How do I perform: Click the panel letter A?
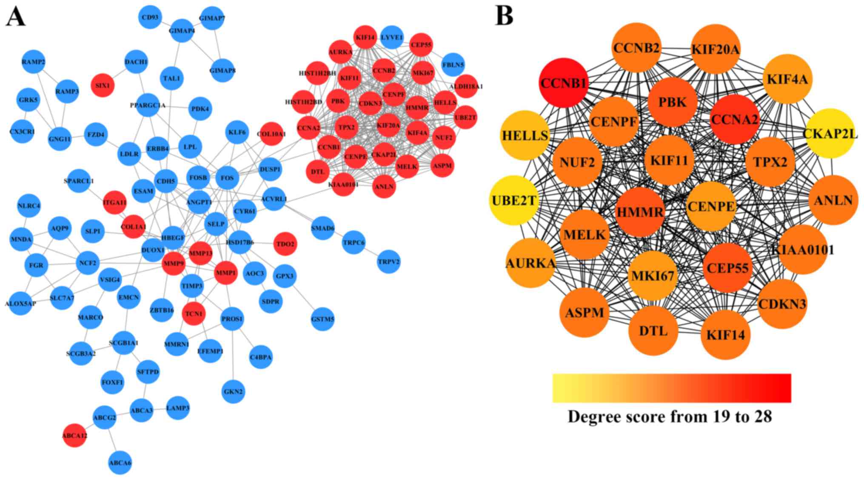pos(15,17)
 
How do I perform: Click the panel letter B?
pos(504,16)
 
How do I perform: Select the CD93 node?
pos(150,17)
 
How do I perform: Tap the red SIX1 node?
pos(103,85)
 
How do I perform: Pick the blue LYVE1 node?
pos(391,37)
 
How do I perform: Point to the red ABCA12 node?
pos(75,435)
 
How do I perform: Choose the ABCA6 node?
pos(120,463)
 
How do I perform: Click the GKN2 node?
pos(233,391)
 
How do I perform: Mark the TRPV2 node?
pos(388,262)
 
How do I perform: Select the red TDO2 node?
pos(285,244)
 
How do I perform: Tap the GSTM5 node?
pos(322,319)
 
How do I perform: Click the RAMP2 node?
pos(33,62)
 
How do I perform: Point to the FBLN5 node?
pos(453,65)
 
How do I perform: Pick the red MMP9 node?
pos(174,264)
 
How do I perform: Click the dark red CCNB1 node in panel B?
pos(564,83)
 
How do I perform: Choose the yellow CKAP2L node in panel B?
pos(830,134)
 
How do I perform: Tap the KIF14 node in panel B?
pos(725,335)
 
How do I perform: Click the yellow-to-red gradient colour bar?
pos(671,388)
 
